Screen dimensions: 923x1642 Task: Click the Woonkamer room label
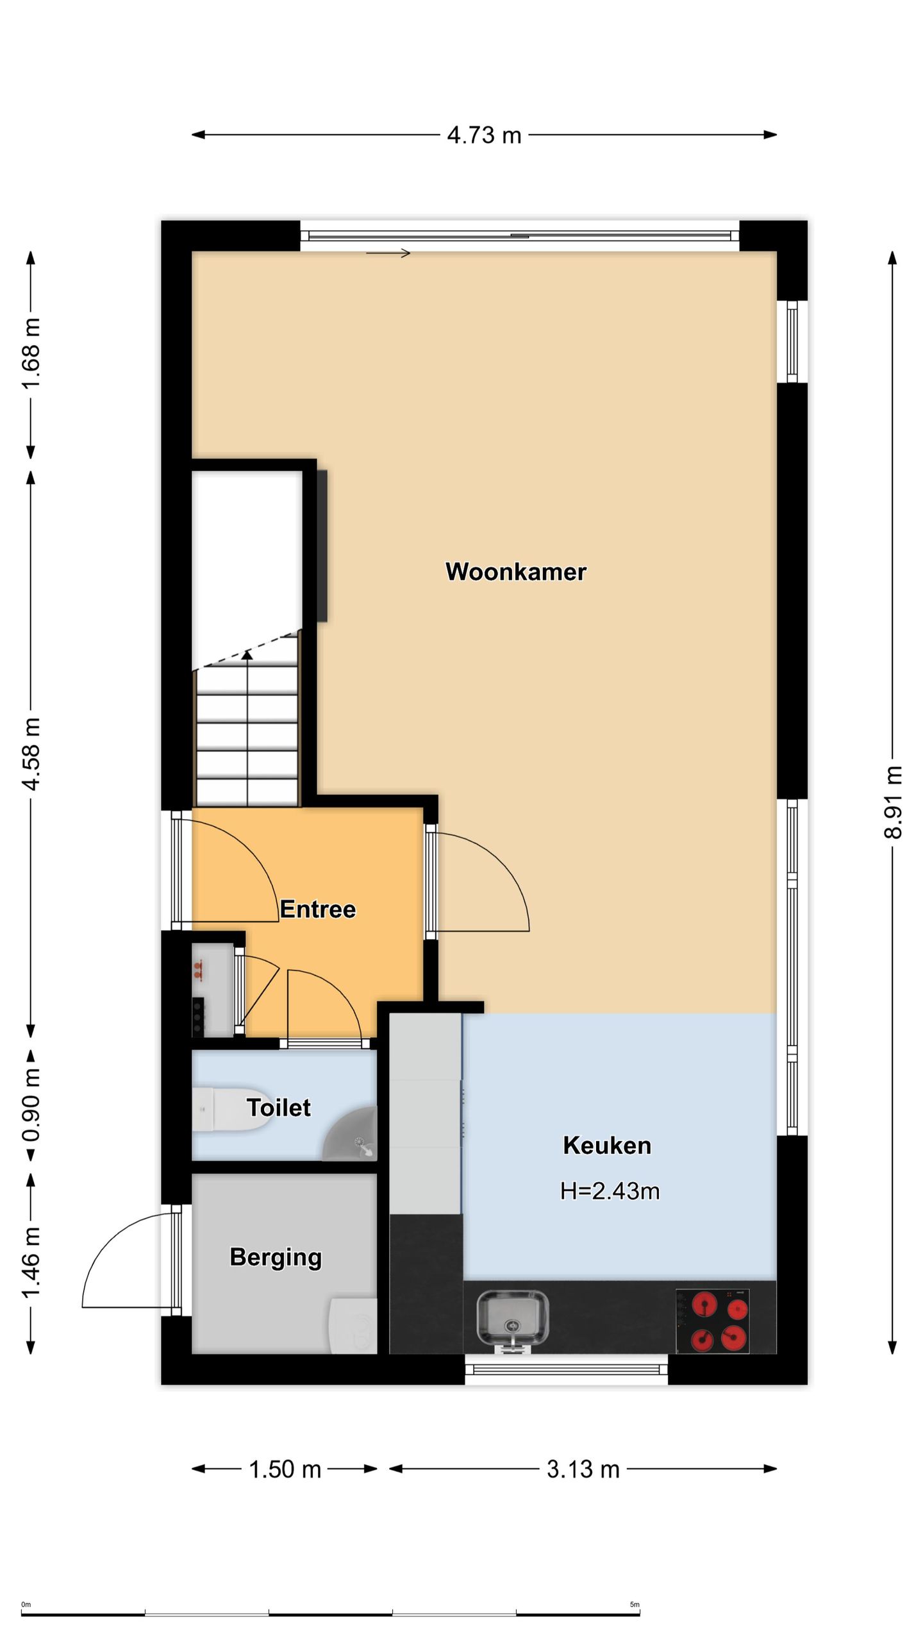(515, 571)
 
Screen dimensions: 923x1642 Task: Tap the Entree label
(318, 909)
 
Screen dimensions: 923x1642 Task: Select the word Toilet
(279, 1108)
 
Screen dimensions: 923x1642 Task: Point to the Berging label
(276, 1258)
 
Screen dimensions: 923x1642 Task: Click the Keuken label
(607, 1146)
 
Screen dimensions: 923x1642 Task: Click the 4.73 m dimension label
(484, 135)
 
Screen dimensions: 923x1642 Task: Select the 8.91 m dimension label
(893, 802)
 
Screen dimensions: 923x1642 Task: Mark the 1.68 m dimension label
(31, 353)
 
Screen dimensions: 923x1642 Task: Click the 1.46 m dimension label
(31, 1262)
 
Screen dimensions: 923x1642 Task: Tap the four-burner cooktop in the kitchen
(712, 1321)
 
